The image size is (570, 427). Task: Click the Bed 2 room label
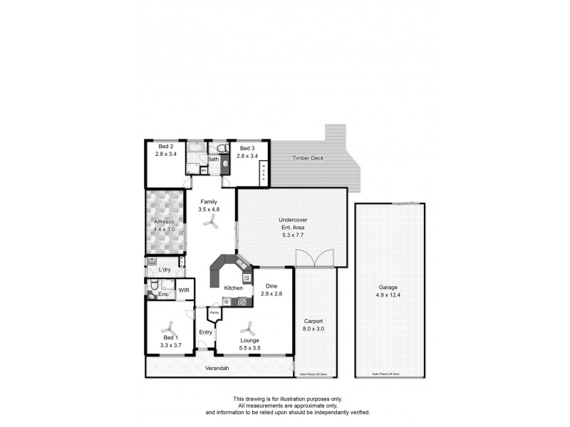[165, 146]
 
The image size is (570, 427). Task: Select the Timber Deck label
[307, 158]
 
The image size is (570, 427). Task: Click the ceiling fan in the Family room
[210, 223]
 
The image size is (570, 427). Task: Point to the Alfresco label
[165, 222]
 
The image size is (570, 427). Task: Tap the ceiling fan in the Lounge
[249, 329]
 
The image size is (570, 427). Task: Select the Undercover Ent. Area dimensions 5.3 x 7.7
[292, 236]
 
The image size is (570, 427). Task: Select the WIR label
[184, 290]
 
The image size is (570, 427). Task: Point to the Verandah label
[217, 368]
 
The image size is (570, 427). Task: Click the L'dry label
[165, 270]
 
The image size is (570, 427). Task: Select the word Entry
[205, 332]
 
